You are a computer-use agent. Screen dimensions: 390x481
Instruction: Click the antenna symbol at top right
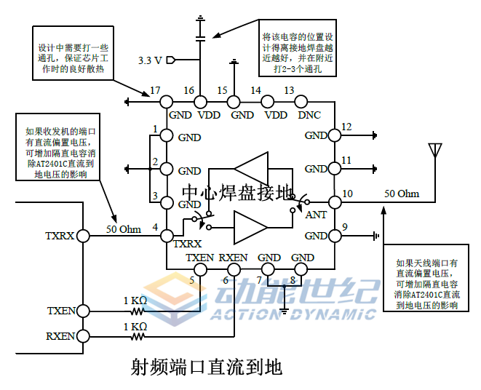[x=436, y=151]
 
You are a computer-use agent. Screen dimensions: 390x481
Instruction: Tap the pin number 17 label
[x=155, y=91]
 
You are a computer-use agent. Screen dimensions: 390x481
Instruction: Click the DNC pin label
[x=309, y=115]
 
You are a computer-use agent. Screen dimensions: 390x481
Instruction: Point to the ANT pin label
[x=316, y=215]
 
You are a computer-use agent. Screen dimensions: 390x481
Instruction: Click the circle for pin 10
[x=334, y=202]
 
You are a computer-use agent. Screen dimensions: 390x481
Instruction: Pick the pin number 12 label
[x=346, y=128]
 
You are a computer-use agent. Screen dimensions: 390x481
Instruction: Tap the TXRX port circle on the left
[x=84, y=236]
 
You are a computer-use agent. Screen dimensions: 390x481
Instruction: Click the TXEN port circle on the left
[x=84, y=311]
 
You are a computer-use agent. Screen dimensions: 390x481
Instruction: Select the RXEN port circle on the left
[x=84, y=336]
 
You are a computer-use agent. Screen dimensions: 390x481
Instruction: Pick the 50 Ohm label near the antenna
[x=402, y=194]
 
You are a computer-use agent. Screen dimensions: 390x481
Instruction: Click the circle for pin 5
[x=199, y=269]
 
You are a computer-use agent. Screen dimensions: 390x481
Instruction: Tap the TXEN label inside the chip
[x=199, y=258]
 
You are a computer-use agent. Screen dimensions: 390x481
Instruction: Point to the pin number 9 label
[x=345, y=226]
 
